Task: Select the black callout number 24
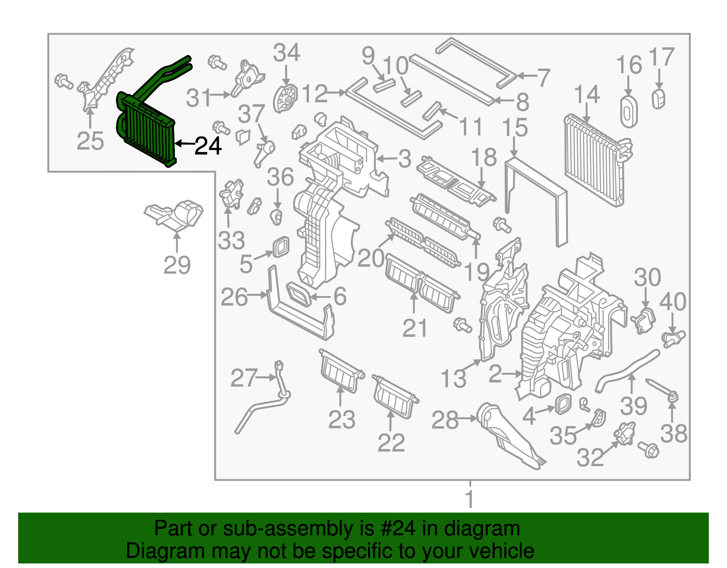click(208, 146)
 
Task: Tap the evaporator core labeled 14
click(593, 159)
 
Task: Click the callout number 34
click(286, 53)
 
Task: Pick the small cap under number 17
click(658, 99)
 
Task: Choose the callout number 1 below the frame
click(470, 499)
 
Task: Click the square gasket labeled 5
click(281, 246)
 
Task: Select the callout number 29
click(177, 265)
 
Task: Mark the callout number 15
click(515, 128)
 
